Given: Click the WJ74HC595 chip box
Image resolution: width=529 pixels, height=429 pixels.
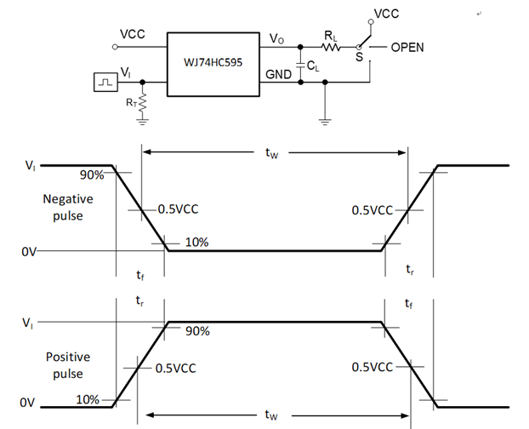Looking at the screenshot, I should pyautogui.click(x=213, y=64).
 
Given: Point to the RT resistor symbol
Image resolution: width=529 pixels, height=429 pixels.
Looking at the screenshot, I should pyautogui.click(x=142, y=103).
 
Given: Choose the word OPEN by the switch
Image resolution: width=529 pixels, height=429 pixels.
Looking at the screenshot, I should pyautogui.click(x=407, y=48).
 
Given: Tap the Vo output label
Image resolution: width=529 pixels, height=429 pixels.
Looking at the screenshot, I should pyautogui.click(x=276, y=39).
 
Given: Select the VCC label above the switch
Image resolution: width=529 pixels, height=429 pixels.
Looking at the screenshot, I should pyautogui.click(x=385, y=15).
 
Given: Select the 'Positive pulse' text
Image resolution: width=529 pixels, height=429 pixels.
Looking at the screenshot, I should pyautogui.click(x=67, y=363).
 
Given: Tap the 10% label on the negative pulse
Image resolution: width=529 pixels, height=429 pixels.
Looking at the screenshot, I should pyautogui.click(x=196, y=242).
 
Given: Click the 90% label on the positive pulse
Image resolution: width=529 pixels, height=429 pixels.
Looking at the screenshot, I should pyautogui.click(x=196, y=332).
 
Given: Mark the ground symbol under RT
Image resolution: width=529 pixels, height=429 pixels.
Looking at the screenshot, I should pyautogui.click(x=142, y=121).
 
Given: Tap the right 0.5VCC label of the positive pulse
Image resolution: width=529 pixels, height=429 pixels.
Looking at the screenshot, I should pyautogui.click(x=372, y=367).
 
